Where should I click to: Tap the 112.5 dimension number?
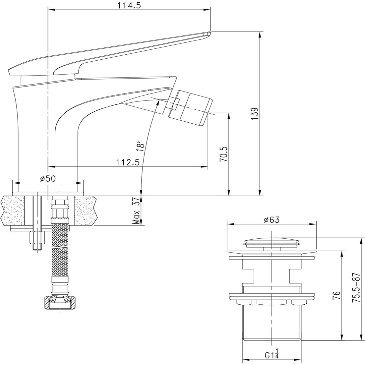[x=128, y=162]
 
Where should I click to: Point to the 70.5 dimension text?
[x=224, y=154]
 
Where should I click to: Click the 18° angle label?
[x=141, y=146]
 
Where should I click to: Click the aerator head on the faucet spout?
[x=190, y=108]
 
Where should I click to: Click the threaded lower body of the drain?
[x=272, y=322]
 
